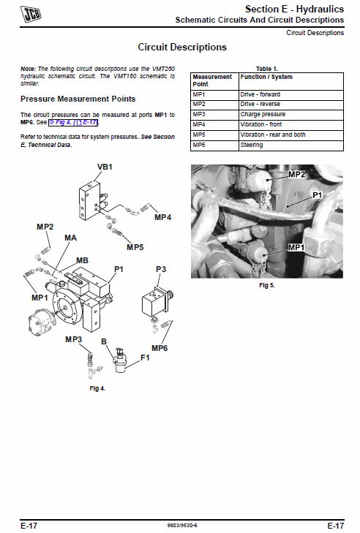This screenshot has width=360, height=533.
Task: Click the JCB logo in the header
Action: tap(31, 14)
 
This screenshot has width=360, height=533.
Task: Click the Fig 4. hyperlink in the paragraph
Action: tap(73, 122)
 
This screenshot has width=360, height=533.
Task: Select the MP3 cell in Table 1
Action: tap(214, 115)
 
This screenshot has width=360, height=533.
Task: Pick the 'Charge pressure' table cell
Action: tap(291, 115)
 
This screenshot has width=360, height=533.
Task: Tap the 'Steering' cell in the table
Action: tap(291, 145)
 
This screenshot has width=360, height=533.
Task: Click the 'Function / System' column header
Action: tap(291, 81)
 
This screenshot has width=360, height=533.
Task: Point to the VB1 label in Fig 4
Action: tap(105, 167)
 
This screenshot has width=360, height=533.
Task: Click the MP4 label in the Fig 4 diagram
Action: tap(162, 217)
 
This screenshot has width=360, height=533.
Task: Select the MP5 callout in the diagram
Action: tap(135, 247)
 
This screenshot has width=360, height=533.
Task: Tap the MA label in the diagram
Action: tap(70, 238)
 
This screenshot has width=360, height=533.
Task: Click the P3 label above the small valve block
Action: tap(161, 269)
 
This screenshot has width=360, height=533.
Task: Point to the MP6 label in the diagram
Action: tap(160, 348)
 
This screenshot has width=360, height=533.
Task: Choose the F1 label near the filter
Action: tap(145, 358)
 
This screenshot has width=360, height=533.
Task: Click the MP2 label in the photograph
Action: tap(297, 175)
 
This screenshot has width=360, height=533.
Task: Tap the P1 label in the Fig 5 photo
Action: tap(317, 195)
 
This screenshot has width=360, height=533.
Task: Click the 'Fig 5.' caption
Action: tap(267, 285)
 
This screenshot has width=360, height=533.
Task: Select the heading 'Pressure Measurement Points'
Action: tap(78, 99)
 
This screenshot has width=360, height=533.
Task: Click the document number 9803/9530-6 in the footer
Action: tap(182, 526)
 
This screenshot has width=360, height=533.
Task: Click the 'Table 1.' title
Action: tap(267, 69)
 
